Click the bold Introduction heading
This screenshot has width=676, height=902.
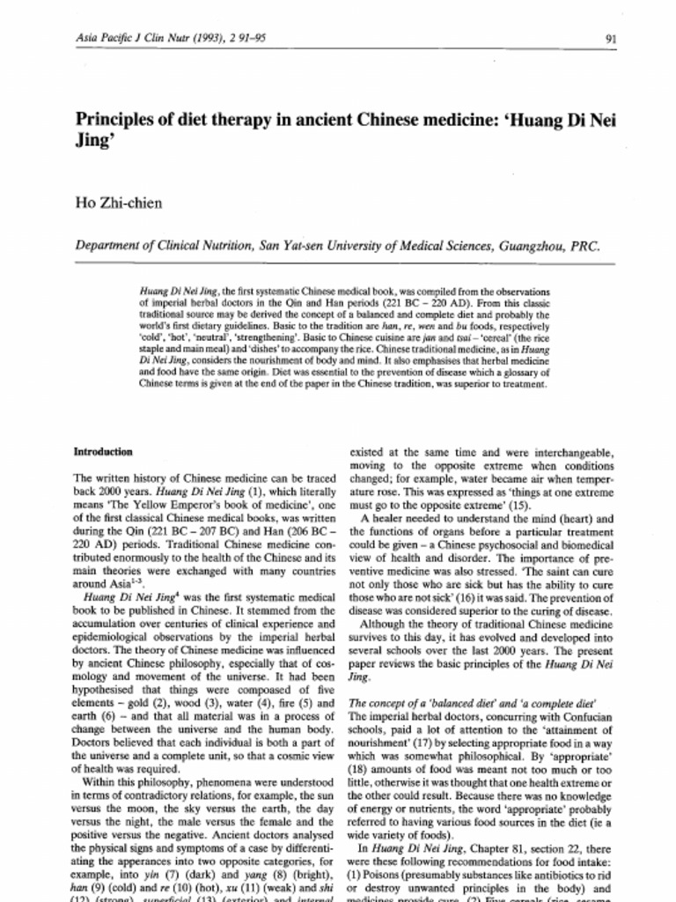pos(103,452)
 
